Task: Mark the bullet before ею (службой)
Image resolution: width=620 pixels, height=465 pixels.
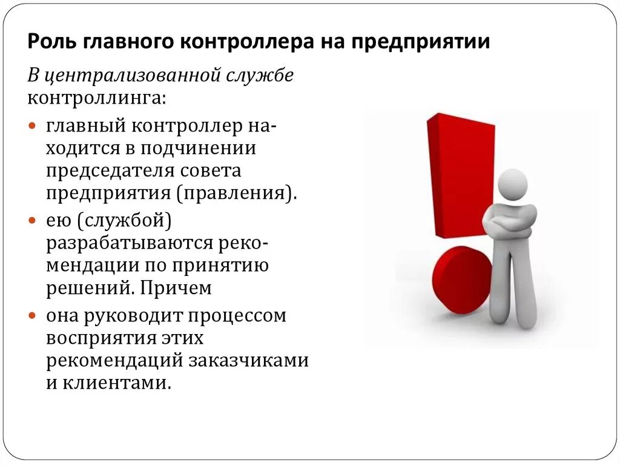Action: pos(33,222)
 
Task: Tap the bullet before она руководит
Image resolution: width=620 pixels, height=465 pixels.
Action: pos(33,316)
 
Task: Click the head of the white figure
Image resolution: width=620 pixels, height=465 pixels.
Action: pos(511,184)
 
